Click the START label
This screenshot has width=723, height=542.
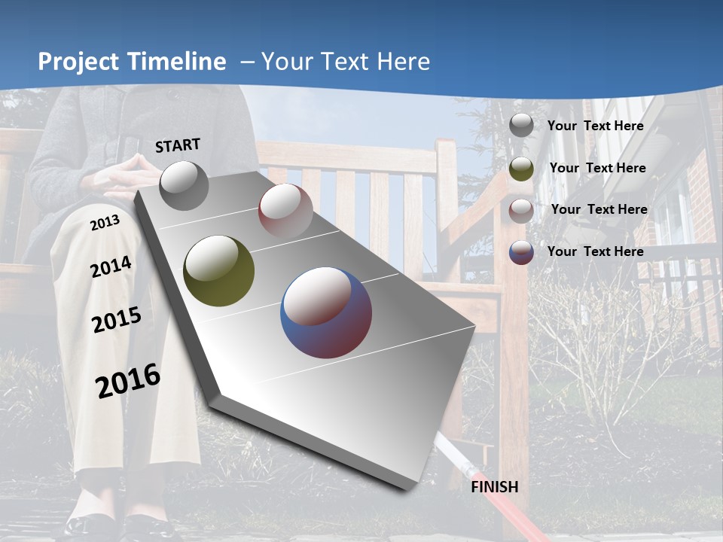tap(178, 145)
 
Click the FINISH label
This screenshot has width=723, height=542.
tap(494, 487)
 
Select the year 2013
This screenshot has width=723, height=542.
tap(105, 223)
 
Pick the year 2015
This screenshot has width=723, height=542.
tap(116, 320)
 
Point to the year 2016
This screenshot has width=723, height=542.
tap(128, 381)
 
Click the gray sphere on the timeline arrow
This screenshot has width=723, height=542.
tap(184, 185)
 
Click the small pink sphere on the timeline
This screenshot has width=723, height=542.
tap(285, 210)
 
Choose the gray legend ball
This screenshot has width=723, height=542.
tap(521, 126)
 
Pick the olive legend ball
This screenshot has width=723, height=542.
tap(521, 169)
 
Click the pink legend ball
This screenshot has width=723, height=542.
tap(521, 210)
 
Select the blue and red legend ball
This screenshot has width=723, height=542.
tap(521, 252)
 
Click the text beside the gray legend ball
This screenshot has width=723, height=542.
tap(595, 126)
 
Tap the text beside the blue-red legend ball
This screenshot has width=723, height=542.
tap(595, 251)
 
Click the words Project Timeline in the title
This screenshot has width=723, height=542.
tap(132, 62)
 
